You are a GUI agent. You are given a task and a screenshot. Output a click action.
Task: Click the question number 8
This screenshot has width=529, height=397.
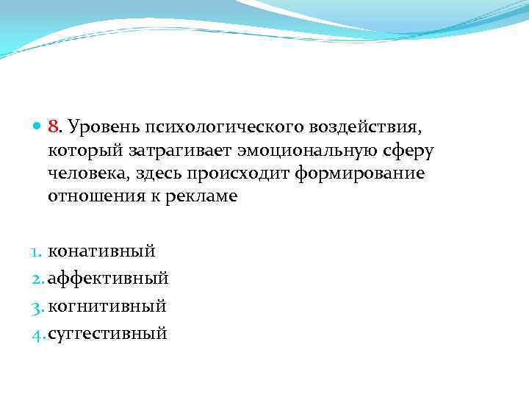pyautogui.click(x=52, y=128)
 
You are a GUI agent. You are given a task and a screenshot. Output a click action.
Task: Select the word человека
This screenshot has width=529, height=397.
pyautogui.click(x=87, y=174)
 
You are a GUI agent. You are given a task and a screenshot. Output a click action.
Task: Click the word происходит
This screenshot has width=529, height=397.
pyautogui.click(x=240, y=174)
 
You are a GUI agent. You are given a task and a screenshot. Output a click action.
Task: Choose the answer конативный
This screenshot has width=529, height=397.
pyautogui.click(x=101, y=251)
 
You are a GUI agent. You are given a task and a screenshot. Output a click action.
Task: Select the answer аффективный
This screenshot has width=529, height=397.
pyautogui.click(x=108, y=279)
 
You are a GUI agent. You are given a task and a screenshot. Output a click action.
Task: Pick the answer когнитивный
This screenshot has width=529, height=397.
pyautogui.click(x=107, y=306)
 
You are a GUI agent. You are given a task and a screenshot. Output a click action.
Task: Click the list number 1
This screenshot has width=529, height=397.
pyautogui.click(x=38, y=251)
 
